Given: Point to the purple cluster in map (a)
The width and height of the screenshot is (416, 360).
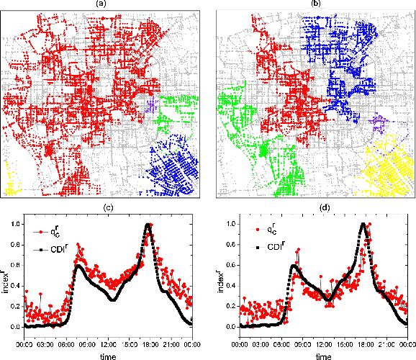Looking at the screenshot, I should point(151,106).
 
